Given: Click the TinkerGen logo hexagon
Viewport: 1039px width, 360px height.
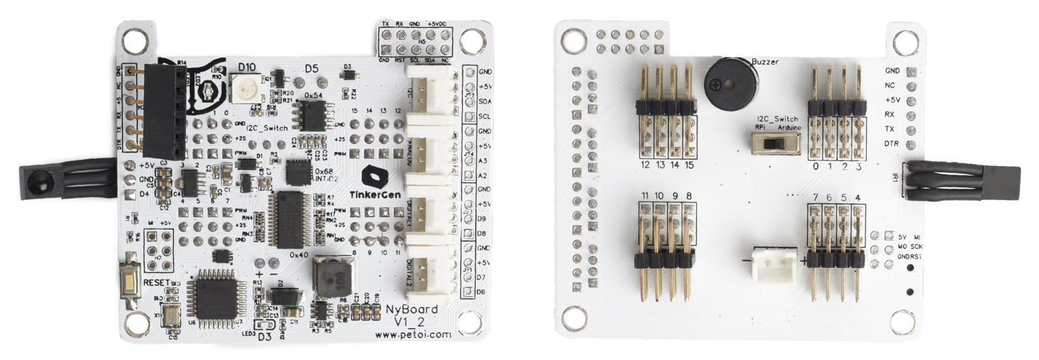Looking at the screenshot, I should point(373,177).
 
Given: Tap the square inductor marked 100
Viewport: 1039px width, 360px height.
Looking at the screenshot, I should point(333,277).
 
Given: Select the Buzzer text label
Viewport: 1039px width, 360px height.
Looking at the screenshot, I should point(764,62).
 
